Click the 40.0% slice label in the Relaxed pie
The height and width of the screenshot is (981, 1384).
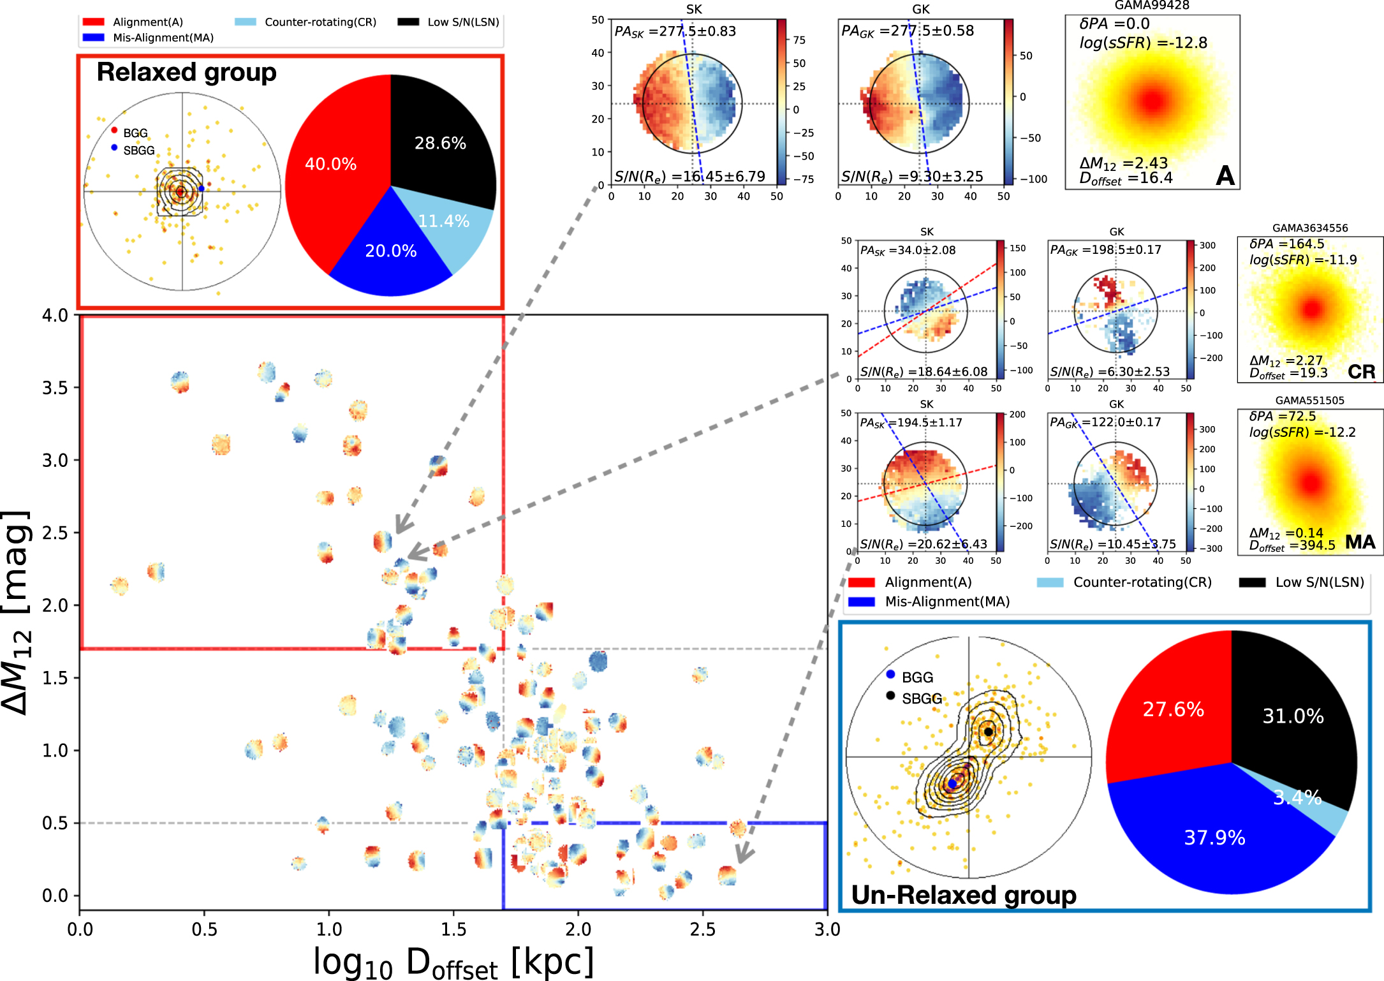tap(330, 164)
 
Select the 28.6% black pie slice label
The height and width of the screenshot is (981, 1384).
tap(440, 143)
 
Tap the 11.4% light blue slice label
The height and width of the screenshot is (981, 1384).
tap(444, 221)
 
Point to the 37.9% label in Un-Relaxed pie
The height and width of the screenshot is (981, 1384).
tap(1214, 837)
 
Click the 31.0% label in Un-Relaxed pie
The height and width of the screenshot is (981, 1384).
tap(1293, 716)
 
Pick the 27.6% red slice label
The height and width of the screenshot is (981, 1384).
tap(1173, 709)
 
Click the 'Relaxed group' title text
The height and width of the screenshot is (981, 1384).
tap(186, 72)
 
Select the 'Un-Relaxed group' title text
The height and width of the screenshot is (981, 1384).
tap(964, 895)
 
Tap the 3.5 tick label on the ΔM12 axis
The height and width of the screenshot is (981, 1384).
tap(55, 388)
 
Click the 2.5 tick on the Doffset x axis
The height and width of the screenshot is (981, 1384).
tap(702, 929)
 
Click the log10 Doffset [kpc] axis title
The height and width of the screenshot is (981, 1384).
tap(453, 962)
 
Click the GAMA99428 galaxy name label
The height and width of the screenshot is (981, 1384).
tap(1152, 6)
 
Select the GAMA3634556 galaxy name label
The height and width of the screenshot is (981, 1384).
tap(1310, 228)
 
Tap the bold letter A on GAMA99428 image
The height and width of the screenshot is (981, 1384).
tap(1225, 175)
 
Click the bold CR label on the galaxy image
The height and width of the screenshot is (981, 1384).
tap(1361, 372)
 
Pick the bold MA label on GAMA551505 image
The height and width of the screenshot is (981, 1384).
tap(1360, 542)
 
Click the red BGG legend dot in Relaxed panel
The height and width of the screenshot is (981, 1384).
tap(114, 130)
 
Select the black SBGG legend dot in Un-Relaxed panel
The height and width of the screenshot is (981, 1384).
tap(890, 695)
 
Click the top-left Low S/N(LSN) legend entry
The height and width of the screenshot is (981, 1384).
tap(449, 22)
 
